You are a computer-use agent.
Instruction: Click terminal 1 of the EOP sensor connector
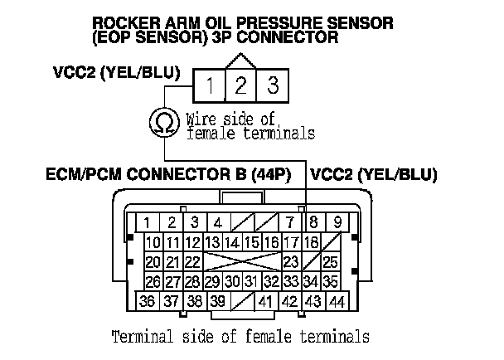pyautogui.click(x=211, y=84)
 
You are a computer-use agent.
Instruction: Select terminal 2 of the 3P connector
pyautogui.click(x=240, y=84)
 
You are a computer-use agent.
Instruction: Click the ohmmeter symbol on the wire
pyautogui.click(x=162, y=122)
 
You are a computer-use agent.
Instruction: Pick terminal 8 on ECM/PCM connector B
pyautogui.click(x=315, y=222)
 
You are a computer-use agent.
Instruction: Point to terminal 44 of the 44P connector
pyautogui.click(x=336, y=301)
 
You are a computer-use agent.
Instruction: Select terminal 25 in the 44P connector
pyautogui.click(x=331, y=262)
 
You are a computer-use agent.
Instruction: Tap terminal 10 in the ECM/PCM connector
pyautogui.click(x=153, y=242)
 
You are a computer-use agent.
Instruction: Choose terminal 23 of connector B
pyautogui.click(x=291, y=262)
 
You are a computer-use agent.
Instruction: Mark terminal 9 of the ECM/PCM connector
pyautogui.click(x=337, y=222)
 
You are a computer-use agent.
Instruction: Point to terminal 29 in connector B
pyautogui.click(x=213, y=282)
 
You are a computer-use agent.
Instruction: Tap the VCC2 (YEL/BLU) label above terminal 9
pyautogui.click(x=373, y=175)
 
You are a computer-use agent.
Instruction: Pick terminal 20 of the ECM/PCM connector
pyautogui.click(x=153, y=262)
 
